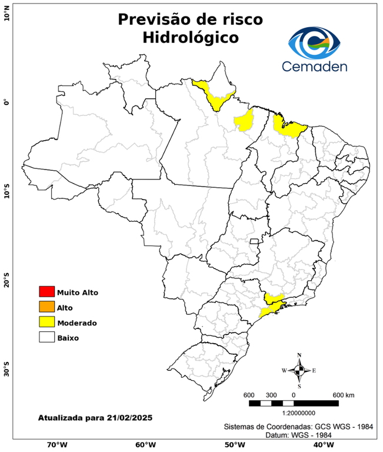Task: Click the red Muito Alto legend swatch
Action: click(x=46, y=291)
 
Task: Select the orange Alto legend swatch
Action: click(x=46, y=307)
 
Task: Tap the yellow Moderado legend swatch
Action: click(x=46, y=322)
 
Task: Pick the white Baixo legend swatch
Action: click(x=46, y=337)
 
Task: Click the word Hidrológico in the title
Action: click(x=190, y=38)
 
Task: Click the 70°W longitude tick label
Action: click(x=56, y=444)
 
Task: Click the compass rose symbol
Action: click(x=299, y=370)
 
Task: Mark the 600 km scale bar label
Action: click(x=344, y=394)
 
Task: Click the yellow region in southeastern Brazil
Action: click(x=272, y=304)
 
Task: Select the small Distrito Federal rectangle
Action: click(x=255, y=241)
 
